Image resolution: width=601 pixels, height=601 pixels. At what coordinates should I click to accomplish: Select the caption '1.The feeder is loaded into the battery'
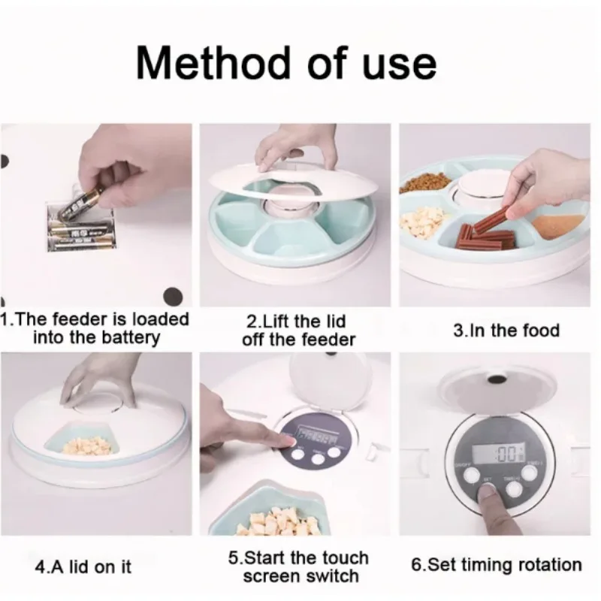96,328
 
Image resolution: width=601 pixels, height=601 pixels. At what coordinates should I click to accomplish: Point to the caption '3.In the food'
506,330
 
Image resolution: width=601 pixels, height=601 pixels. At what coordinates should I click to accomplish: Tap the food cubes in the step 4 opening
86,445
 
